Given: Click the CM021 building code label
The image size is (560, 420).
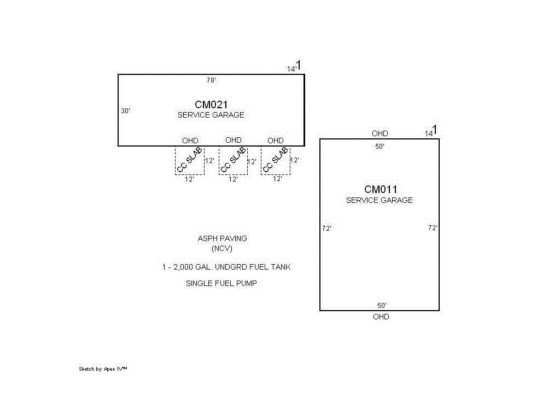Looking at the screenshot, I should pos(211,104).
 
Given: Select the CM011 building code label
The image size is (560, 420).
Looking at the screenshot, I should pos(381,190).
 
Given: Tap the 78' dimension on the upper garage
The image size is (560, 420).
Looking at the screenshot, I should pos(211,80).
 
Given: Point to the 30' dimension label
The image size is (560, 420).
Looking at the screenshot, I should pos(125,111).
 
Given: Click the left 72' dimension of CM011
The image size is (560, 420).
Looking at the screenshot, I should pos(326,229).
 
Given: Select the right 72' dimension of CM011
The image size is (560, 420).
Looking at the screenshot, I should pos(433,228).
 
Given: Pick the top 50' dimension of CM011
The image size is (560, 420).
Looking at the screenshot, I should pos(380,147).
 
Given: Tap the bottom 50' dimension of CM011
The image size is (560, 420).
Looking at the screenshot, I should pos(382,305).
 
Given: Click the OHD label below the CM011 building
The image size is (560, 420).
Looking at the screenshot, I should pos(381,317).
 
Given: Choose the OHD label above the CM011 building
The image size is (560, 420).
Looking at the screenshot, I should pos(380,133).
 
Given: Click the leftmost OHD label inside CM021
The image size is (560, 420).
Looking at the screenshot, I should pos(190,141).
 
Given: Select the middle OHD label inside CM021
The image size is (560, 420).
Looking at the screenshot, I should pos(233,140).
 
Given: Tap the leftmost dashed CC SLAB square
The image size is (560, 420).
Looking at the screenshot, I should pos(190,160).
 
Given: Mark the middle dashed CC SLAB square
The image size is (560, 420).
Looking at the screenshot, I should pos(233,161).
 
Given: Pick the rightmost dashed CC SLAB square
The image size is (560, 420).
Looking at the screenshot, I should pos(275,161).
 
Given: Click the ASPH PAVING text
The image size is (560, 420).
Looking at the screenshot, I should pos(222,238).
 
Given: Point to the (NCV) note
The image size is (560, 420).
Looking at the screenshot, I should pos(222,248).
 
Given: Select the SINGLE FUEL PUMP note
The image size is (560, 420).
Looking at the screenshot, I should pos(221,283).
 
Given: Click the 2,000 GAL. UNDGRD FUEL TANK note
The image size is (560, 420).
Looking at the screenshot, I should pos(226,267).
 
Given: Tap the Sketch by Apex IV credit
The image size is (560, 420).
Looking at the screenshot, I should pos(103,369).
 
